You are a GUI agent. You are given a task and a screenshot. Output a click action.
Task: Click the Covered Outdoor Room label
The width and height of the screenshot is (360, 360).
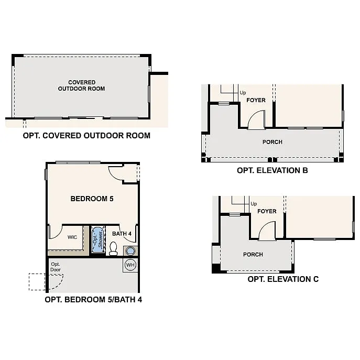tap(81, 85)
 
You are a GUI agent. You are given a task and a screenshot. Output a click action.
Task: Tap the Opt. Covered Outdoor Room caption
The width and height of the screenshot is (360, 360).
tap(86, 135)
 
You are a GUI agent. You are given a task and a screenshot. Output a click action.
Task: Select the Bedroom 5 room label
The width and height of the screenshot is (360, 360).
tap(92, 199)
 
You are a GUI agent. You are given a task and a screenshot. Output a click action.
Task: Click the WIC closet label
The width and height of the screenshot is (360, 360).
tap(72, 237)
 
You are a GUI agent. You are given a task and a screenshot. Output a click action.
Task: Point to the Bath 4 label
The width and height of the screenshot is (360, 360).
tap(122, 234)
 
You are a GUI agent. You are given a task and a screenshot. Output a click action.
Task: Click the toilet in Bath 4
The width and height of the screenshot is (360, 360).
tap(113, 247)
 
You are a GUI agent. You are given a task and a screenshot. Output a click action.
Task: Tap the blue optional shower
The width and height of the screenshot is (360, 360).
tap(98, 239)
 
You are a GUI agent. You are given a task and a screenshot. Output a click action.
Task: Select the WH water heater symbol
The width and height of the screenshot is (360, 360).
tap(130, 265)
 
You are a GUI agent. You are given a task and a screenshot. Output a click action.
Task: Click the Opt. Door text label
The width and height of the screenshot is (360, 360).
tap(56, 267)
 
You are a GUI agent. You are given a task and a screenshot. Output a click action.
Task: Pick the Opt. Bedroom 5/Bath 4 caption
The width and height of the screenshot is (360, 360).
tap(93, 300)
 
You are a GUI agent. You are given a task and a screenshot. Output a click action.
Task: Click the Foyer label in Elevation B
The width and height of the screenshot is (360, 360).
tap(256, 100)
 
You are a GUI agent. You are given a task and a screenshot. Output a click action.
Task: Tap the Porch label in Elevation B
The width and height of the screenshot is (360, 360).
tap(272, 142)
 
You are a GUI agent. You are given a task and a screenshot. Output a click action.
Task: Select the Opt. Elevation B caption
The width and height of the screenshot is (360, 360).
tap(272, 170)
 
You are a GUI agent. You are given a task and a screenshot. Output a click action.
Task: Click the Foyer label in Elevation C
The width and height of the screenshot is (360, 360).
tap(267, 211)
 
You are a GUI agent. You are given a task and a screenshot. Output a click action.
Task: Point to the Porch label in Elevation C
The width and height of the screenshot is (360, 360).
tap(253, 255)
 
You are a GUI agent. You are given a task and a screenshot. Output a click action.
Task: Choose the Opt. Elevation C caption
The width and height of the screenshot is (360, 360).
tap(283, 279)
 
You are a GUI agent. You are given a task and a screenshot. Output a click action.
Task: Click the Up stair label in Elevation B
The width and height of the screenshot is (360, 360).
tap(243, 93)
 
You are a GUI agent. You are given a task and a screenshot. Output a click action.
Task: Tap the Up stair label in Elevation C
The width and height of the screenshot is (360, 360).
tap(254, 204)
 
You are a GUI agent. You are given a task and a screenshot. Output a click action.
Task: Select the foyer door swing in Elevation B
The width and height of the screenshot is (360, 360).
tap(257, 121)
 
